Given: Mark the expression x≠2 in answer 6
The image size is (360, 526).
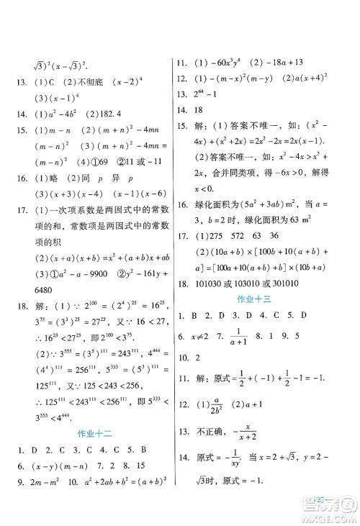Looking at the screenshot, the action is [x=199, y=335].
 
